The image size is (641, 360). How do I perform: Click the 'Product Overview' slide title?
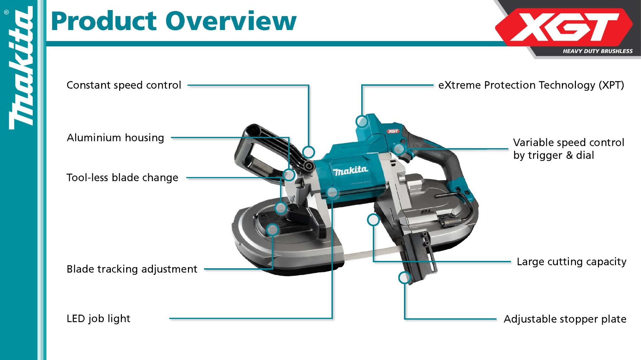(x=174, y=21)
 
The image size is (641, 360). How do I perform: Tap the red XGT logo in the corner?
(x=564, y=27)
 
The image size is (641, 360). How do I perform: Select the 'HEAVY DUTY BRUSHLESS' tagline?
(x=598, y=51)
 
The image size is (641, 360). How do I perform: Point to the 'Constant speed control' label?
(x=124, y=85)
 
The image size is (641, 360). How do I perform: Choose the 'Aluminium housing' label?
(x=116, y=137)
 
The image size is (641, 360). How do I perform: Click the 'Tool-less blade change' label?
(x=122, y=177)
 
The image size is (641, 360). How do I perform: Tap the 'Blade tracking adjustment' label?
(x=132, y=269)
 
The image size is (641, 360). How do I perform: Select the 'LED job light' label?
(x=98, y=318)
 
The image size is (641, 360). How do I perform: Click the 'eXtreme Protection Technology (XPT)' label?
(x=531, y=85)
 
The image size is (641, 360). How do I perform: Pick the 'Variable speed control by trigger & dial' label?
(x=569, y=149)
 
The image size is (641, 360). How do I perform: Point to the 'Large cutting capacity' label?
(x=572, y=262)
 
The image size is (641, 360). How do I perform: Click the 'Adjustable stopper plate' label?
(x=565, y=319)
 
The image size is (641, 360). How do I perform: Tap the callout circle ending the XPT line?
(x=362, y=121)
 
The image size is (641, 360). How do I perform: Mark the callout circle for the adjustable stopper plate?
(x=405, y=278)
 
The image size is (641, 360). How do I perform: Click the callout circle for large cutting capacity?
(x=373, y=220)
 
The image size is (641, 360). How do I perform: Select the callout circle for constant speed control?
(x=309, y=152)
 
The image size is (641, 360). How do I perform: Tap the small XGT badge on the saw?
(x=393, y=131)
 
